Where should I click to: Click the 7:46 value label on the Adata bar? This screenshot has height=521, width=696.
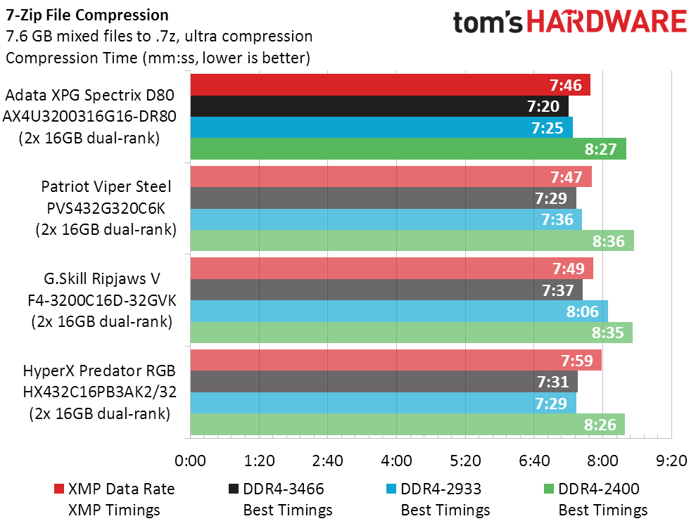566,85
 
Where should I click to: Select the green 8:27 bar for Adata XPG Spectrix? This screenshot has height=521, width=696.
407,149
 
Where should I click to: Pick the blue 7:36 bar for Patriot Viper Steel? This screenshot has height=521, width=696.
386,219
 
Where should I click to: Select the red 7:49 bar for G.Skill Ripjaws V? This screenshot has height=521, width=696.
391,269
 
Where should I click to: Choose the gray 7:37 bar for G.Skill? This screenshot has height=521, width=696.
386,290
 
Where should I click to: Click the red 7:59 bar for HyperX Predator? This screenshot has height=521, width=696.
396,360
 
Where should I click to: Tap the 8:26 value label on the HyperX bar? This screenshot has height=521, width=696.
600,424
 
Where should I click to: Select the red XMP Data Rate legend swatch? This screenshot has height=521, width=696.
58,489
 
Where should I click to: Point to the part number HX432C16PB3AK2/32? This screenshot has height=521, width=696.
99,392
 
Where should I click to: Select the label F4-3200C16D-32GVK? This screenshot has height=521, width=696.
99,301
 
